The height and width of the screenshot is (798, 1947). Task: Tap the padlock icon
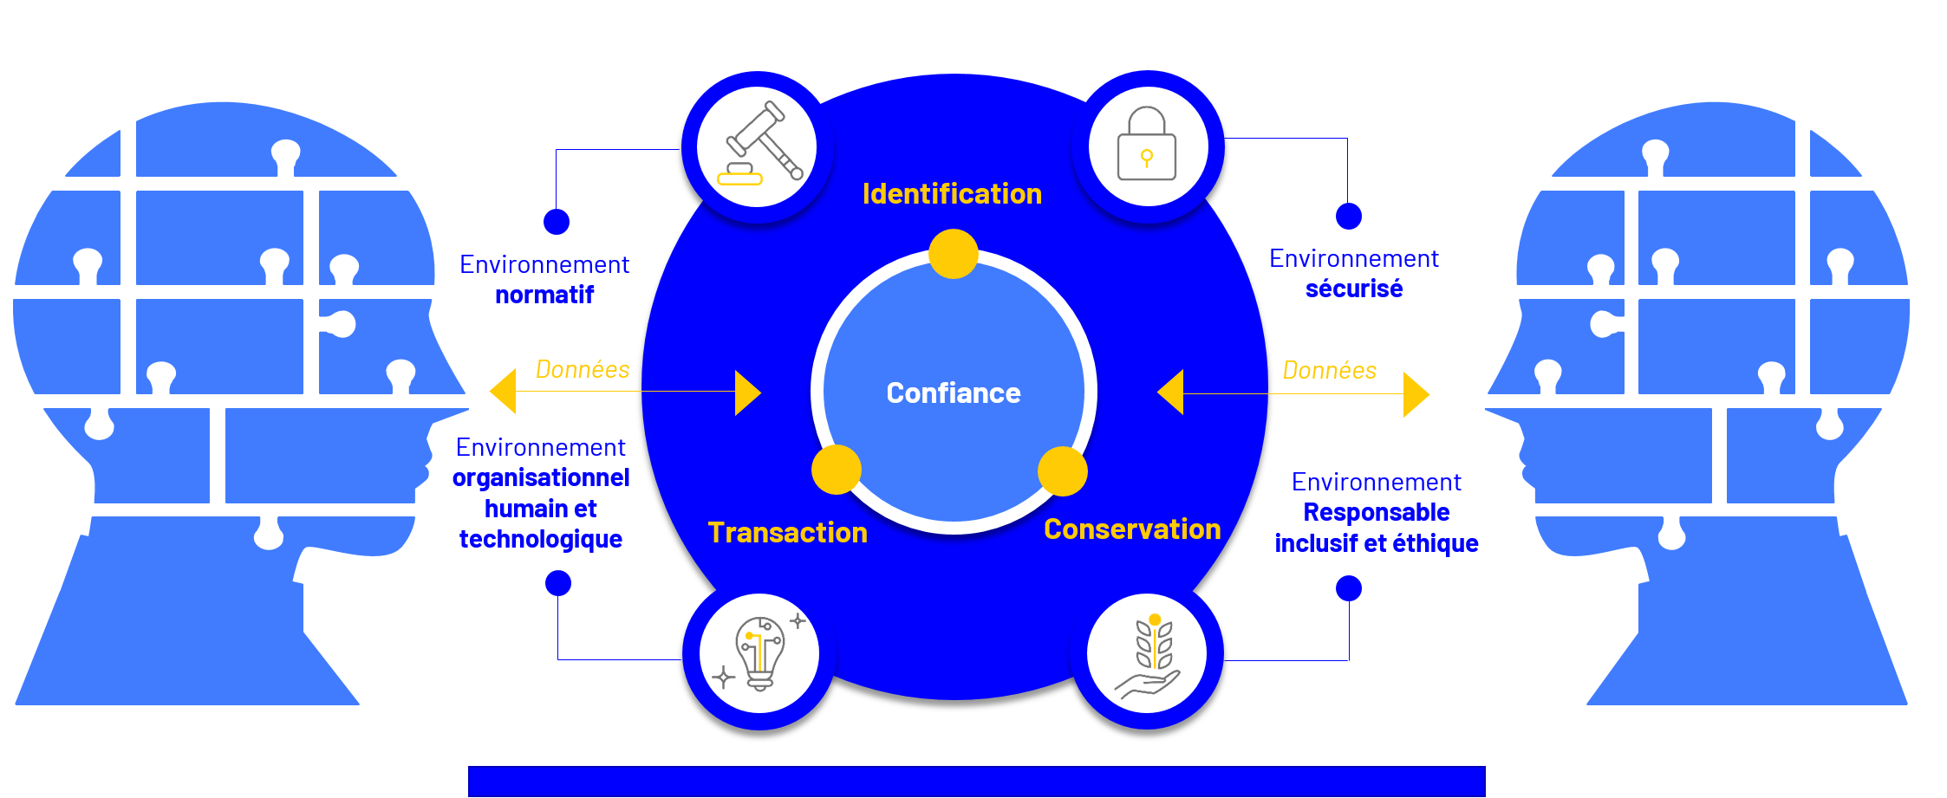click(x=1147, y=146)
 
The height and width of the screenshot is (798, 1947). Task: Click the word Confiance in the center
click(x=954, y=393)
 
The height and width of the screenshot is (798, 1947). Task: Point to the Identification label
click(x=952, y=194)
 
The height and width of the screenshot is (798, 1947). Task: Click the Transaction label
click(x=787, y=533)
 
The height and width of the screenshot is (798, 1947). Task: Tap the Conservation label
click(x=1132, y=529)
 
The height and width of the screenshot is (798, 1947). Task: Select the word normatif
click(x=544, y=295)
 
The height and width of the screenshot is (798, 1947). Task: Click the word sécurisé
click(x=1354, y=289)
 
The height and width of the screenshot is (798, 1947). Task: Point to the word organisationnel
click(x=541, y=478)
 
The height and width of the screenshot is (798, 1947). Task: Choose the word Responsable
click(x=1377, y=513)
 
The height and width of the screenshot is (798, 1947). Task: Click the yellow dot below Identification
click(x=954, y=254)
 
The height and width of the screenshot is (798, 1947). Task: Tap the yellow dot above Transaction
click(x=837, y=470)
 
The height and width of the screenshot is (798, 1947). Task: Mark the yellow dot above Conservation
click(x=1063, y=471)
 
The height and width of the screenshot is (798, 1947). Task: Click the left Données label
click(x=583, y=370)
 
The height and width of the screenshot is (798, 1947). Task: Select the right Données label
click(x=1330, y=371)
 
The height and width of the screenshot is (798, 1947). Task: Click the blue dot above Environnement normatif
click(x=557, y=222)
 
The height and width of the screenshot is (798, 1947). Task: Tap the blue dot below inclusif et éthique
click(x=1349, y=588)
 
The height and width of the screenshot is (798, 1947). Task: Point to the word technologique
click(x=541, y=540)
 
